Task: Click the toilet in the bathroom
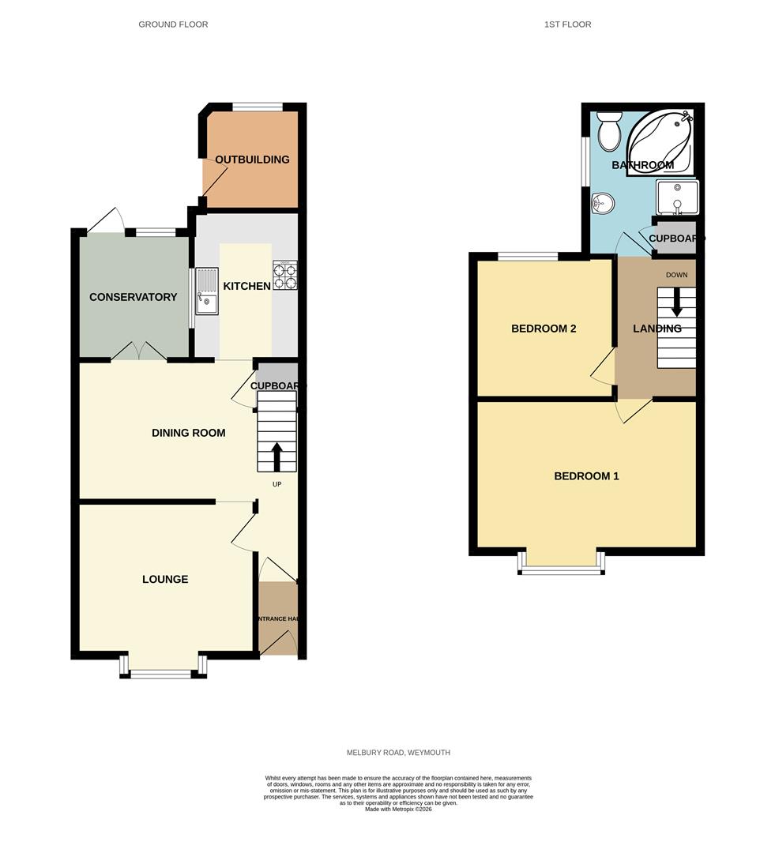tap(609, 131)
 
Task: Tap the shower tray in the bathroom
tap(677, 197)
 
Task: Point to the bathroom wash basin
tap(602, 204)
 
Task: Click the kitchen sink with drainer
tap(206, 291)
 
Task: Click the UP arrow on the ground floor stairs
tap(277, 456)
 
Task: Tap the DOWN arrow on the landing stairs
tap(676, 302)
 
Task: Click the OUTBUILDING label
tap(252, 160)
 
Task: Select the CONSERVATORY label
tap(133, 297)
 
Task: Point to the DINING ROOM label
tap(189, 433)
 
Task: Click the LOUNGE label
tap(165, 579)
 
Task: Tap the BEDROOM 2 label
tap(544, 329)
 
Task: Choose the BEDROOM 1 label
tap(586, 476)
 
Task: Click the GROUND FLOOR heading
tap(173, 24)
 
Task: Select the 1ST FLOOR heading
tap(567, 24)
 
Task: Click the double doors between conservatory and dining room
tap(139, 353)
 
